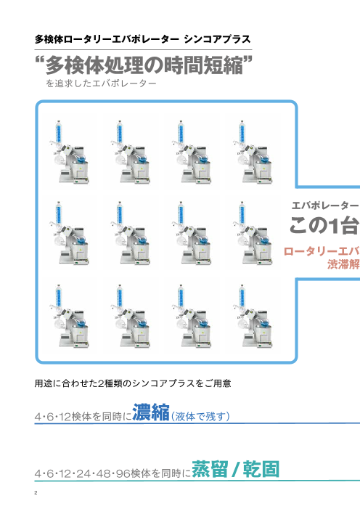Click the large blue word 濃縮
(150, 412)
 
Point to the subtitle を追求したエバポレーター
(100, 85)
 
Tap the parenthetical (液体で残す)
(200, 416)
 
